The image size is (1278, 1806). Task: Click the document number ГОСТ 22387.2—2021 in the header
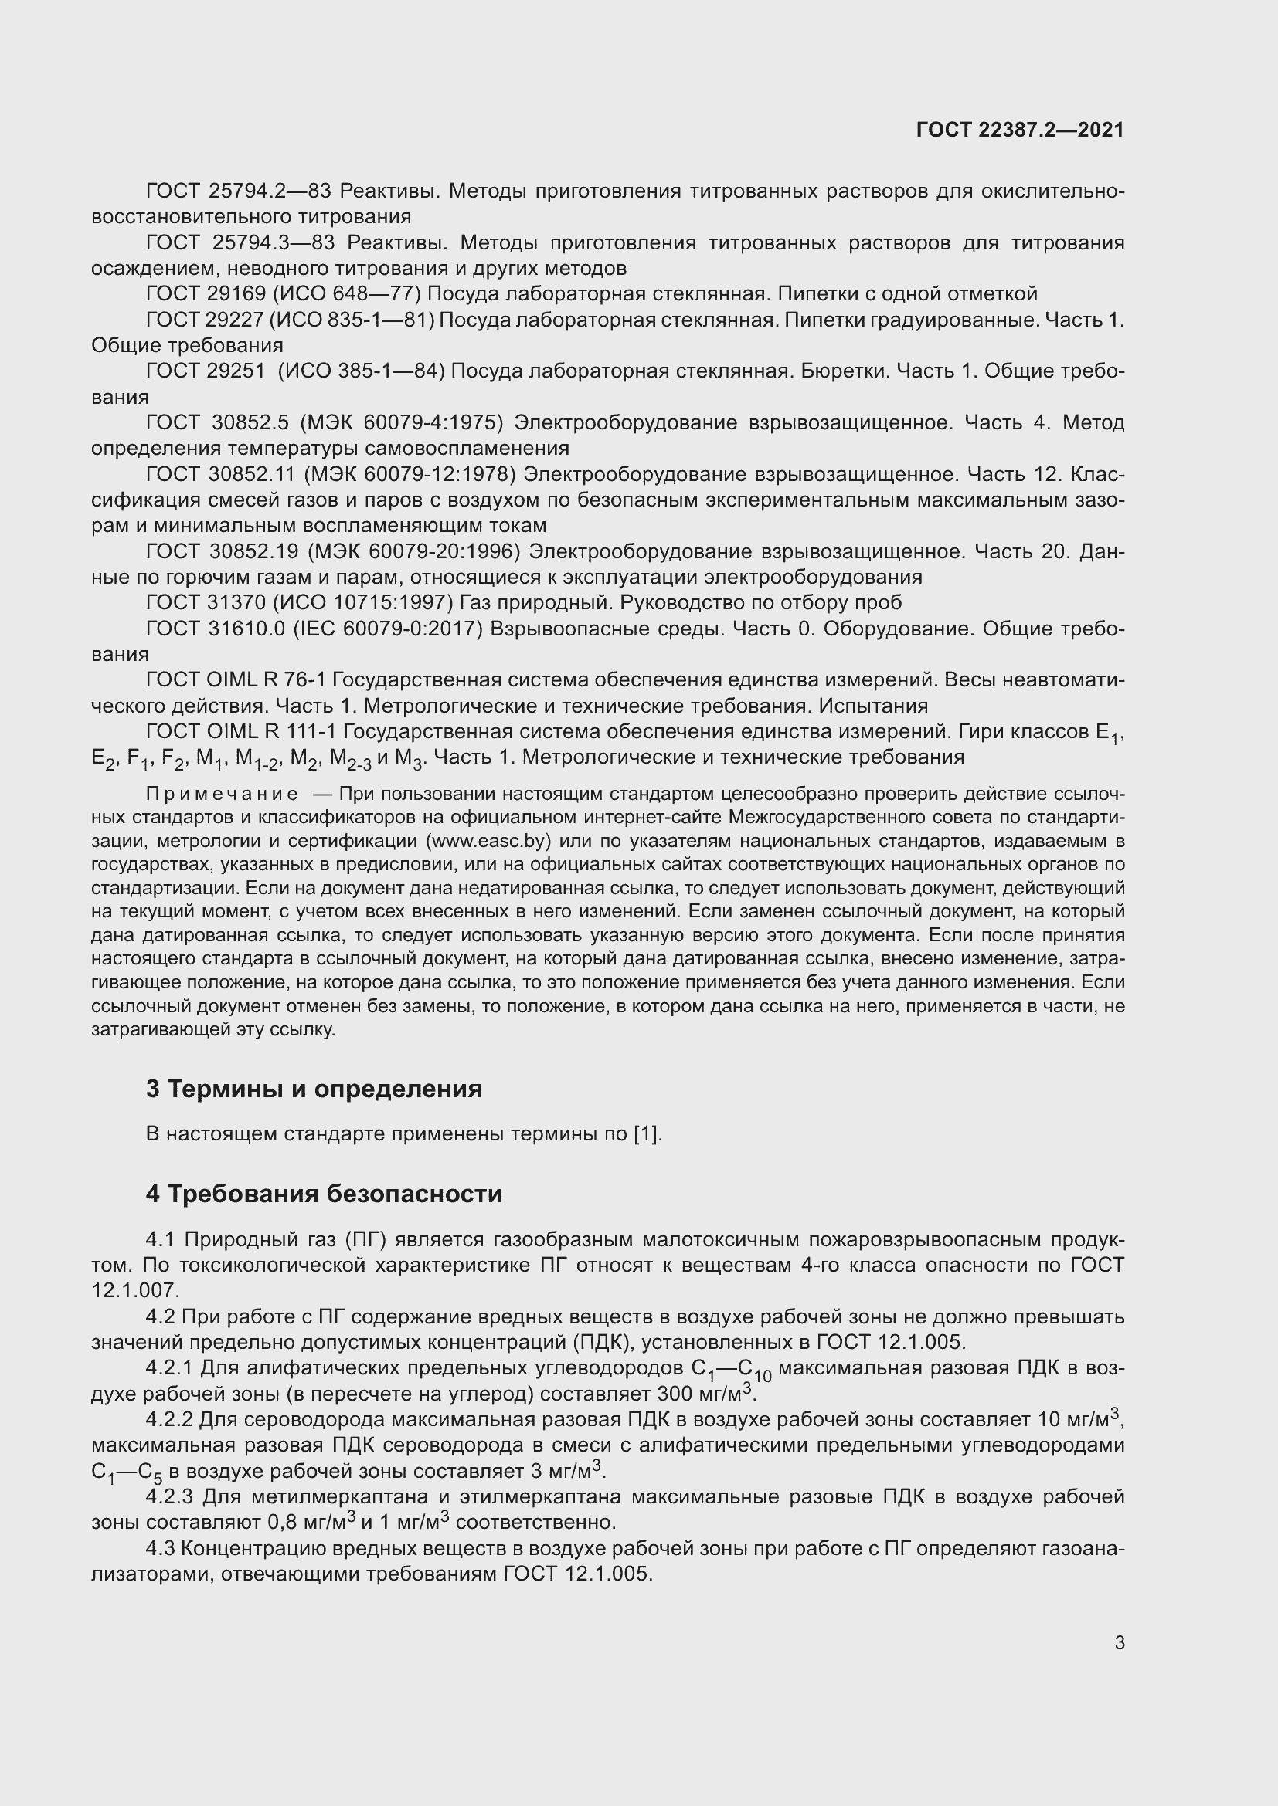[x=1020, y=130]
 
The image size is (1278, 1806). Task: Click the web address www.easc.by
[x=487, y=840]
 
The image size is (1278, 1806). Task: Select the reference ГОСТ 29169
[x=206, y=294]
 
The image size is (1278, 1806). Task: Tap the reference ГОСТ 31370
[x=206, y=602]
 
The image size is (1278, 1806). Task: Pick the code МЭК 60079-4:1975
[x=401, y=423]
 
